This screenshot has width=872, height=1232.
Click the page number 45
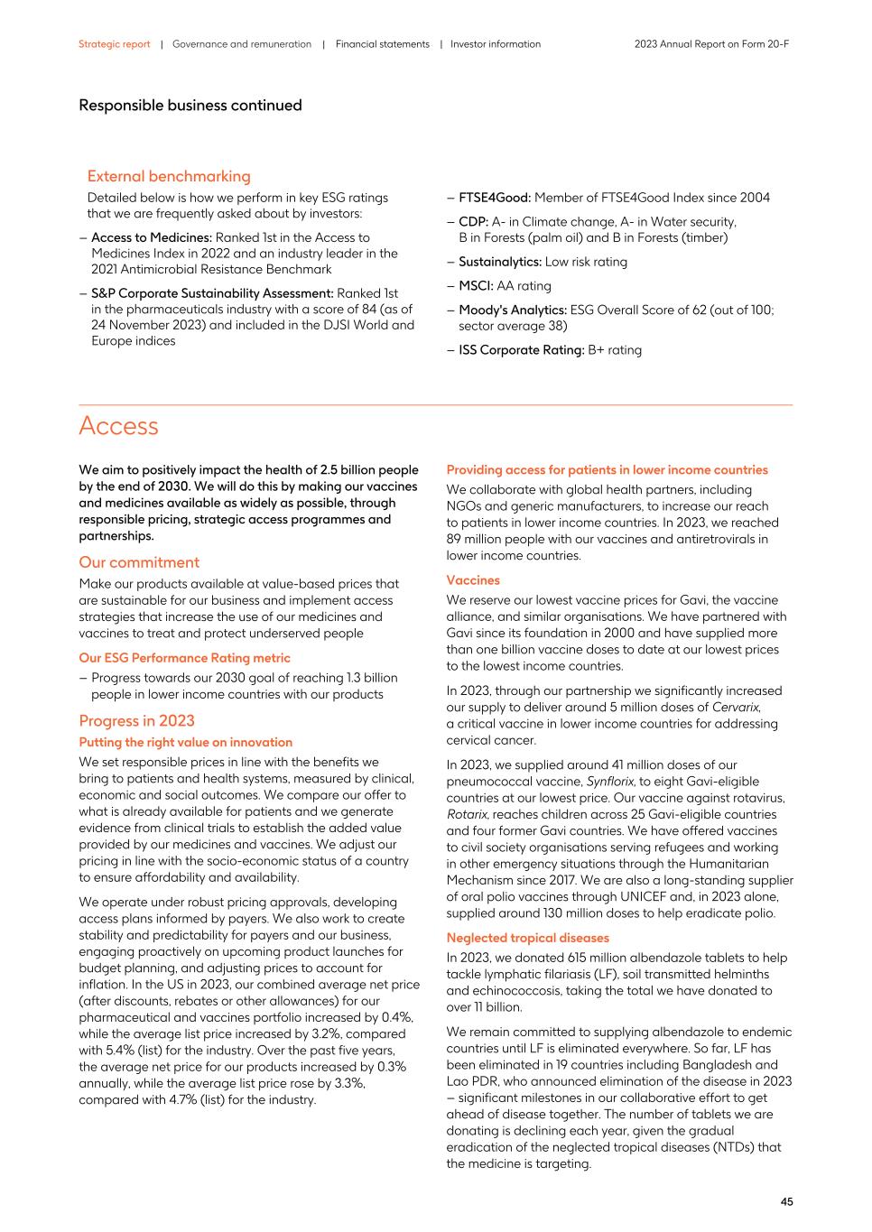coord(786,1201)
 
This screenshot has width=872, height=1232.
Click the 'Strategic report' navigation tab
coord(114,44)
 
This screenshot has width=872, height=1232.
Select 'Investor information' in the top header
coord(496,44)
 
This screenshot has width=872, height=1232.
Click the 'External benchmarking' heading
coord(169,176)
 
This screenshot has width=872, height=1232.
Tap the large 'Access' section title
coord(118,426)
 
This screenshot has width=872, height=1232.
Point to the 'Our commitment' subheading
coord(139,562)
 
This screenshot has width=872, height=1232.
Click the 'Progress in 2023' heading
coord(136,720)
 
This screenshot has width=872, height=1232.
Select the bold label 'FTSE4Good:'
coord(494,198)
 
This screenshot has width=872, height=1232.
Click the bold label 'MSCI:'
coord(476,285)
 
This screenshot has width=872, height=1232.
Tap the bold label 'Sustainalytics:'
coord(499,262)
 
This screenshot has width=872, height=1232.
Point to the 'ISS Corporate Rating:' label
coord(521,350)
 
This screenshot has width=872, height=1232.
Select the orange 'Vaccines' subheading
coord(473,580)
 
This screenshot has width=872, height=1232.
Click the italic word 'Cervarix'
coord(736,708)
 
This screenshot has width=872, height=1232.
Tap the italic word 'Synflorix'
coord(609,782)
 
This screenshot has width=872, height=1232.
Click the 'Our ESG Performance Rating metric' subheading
coord(184,658)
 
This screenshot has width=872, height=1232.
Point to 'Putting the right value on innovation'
coord(185,742)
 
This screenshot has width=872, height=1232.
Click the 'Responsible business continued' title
coord(190,106)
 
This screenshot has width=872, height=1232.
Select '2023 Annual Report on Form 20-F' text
coord(711,44)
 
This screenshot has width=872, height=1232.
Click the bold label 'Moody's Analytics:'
coord(513,310)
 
